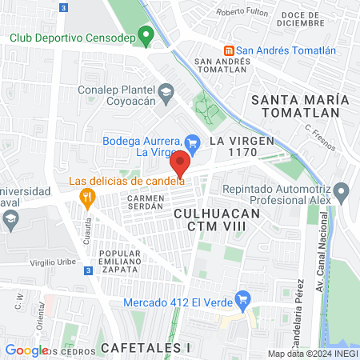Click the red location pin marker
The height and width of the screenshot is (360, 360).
coord(180,163)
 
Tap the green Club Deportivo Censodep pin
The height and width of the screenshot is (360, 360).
coord(145,35)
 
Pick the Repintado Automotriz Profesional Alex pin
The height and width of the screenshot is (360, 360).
coord(342,192)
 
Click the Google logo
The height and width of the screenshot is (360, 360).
coord(26,350)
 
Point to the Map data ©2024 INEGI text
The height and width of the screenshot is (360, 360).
coord(312,354)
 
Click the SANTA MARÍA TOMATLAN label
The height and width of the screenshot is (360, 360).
coord(300,107)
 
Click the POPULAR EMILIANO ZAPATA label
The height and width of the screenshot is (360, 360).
coord(119,262)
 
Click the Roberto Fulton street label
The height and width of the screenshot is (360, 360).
coord(242,12)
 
